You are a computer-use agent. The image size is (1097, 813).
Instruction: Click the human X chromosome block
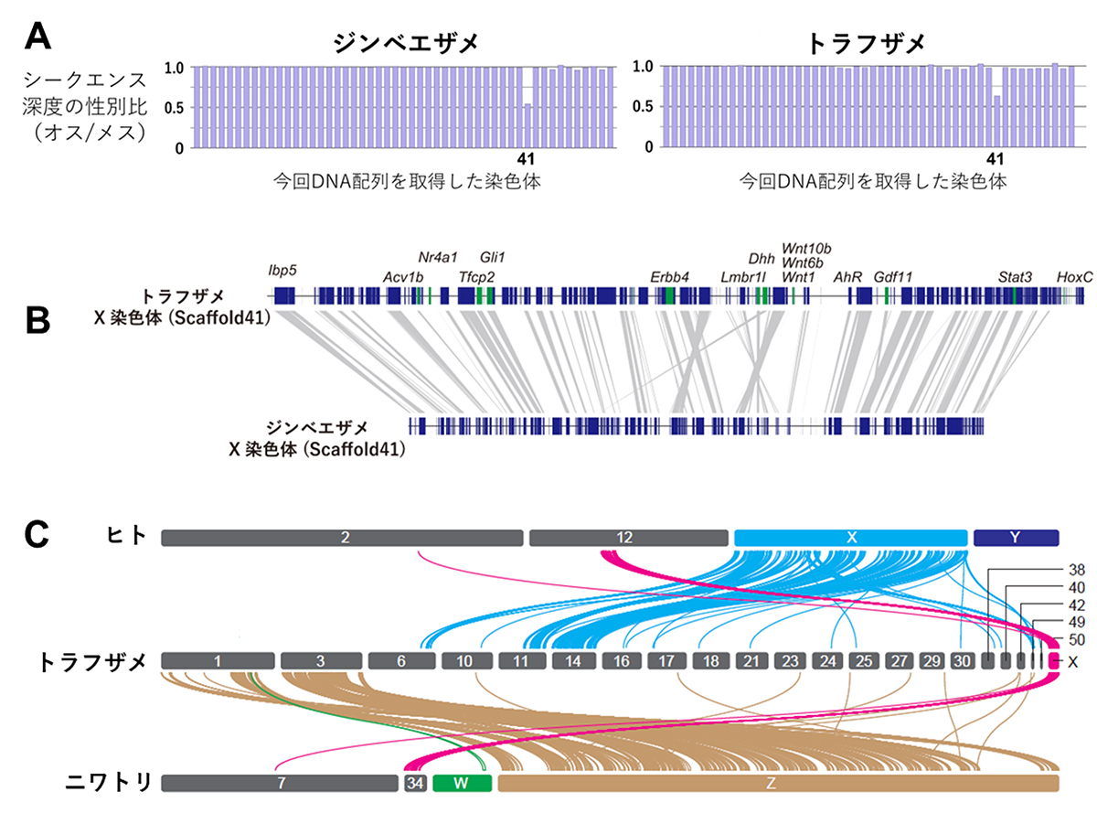click(x=851, y=538)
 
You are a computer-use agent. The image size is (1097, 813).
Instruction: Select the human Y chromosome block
click(x=1016, y=538)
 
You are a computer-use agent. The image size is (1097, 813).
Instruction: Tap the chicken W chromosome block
click(x=462, y=783)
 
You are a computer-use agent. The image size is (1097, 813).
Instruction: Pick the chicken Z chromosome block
click(x=778, y=783)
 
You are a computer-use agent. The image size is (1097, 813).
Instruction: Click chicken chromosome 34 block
click(x=415, y=783)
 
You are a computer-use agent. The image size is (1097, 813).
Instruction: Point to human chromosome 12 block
click(x=630, y=538)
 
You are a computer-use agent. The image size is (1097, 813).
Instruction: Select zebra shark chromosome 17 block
click(x=666, y=660)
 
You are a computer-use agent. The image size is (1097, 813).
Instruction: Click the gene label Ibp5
click(x=282, y=270)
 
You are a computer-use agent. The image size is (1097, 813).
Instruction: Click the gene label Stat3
click(x=1015, y=276)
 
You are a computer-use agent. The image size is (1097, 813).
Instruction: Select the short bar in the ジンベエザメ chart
click(x=528, y=125)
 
